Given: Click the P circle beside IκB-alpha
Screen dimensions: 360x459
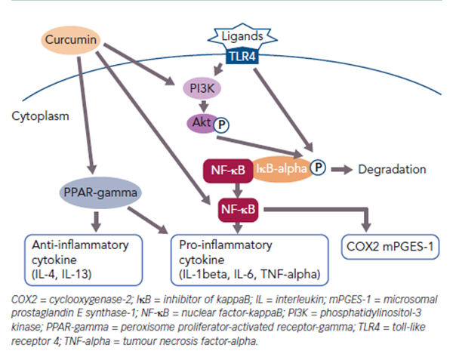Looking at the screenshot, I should pyautogui.click(x=319, y=168).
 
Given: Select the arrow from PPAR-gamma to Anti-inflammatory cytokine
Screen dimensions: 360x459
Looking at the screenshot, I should pyautogui.click(x=96, y=221).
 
